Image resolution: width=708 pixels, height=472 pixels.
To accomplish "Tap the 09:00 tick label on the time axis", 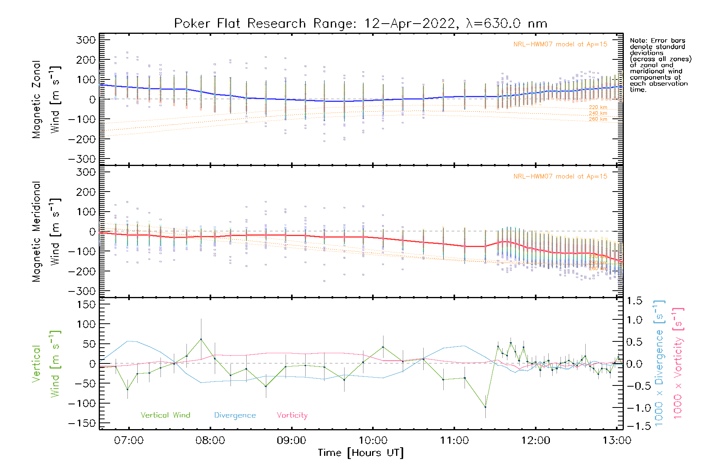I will tap(291, 441).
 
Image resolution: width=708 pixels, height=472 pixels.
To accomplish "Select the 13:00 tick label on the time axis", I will tap(617, 441).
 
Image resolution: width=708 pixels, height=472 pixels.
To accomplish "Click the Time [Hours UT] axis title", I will tap(361, 453).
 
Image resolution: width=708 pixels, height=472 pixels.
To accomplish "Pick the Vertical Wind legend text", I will tap(165, 415).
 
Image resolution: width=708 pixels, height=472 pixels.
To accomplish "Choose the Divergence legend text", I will tap(235, 415).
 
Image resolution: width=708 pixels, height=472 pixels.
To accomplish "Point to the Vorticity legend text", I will tap(292, 415).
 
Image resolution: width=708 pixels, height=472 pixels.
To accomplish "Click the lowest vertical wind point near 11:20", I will tap(485, 407).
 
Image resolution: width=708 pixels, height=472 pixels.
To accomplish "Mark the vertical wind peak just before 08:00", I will tap(201, 339).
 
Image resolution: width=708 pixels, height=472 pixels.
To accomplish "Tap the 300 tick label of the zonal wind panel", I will tap(86, 40).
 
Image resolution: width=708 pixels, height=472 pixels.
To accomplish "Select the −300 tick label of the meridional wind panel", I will tap(82, 291).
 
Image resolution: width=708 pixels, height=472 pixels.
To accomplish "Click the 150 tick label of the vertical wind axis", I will tap(86, 304).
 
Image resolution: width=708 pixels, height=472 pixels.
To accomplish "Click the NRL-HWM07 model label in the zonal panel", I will tap(560, 44).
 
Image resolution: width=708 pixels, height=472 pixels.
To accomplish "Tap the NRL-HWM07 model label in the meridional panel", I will tap(560, 177).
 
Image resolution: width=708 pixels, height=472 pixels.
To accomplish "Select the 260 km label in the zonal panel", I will tap(598, 119).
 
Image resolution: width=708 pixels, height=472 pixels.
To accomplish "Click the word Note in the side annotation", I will tap(638, 41).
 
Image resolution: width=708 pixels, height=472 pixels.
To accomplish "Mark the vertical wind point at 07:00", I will tap(127, 389).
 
